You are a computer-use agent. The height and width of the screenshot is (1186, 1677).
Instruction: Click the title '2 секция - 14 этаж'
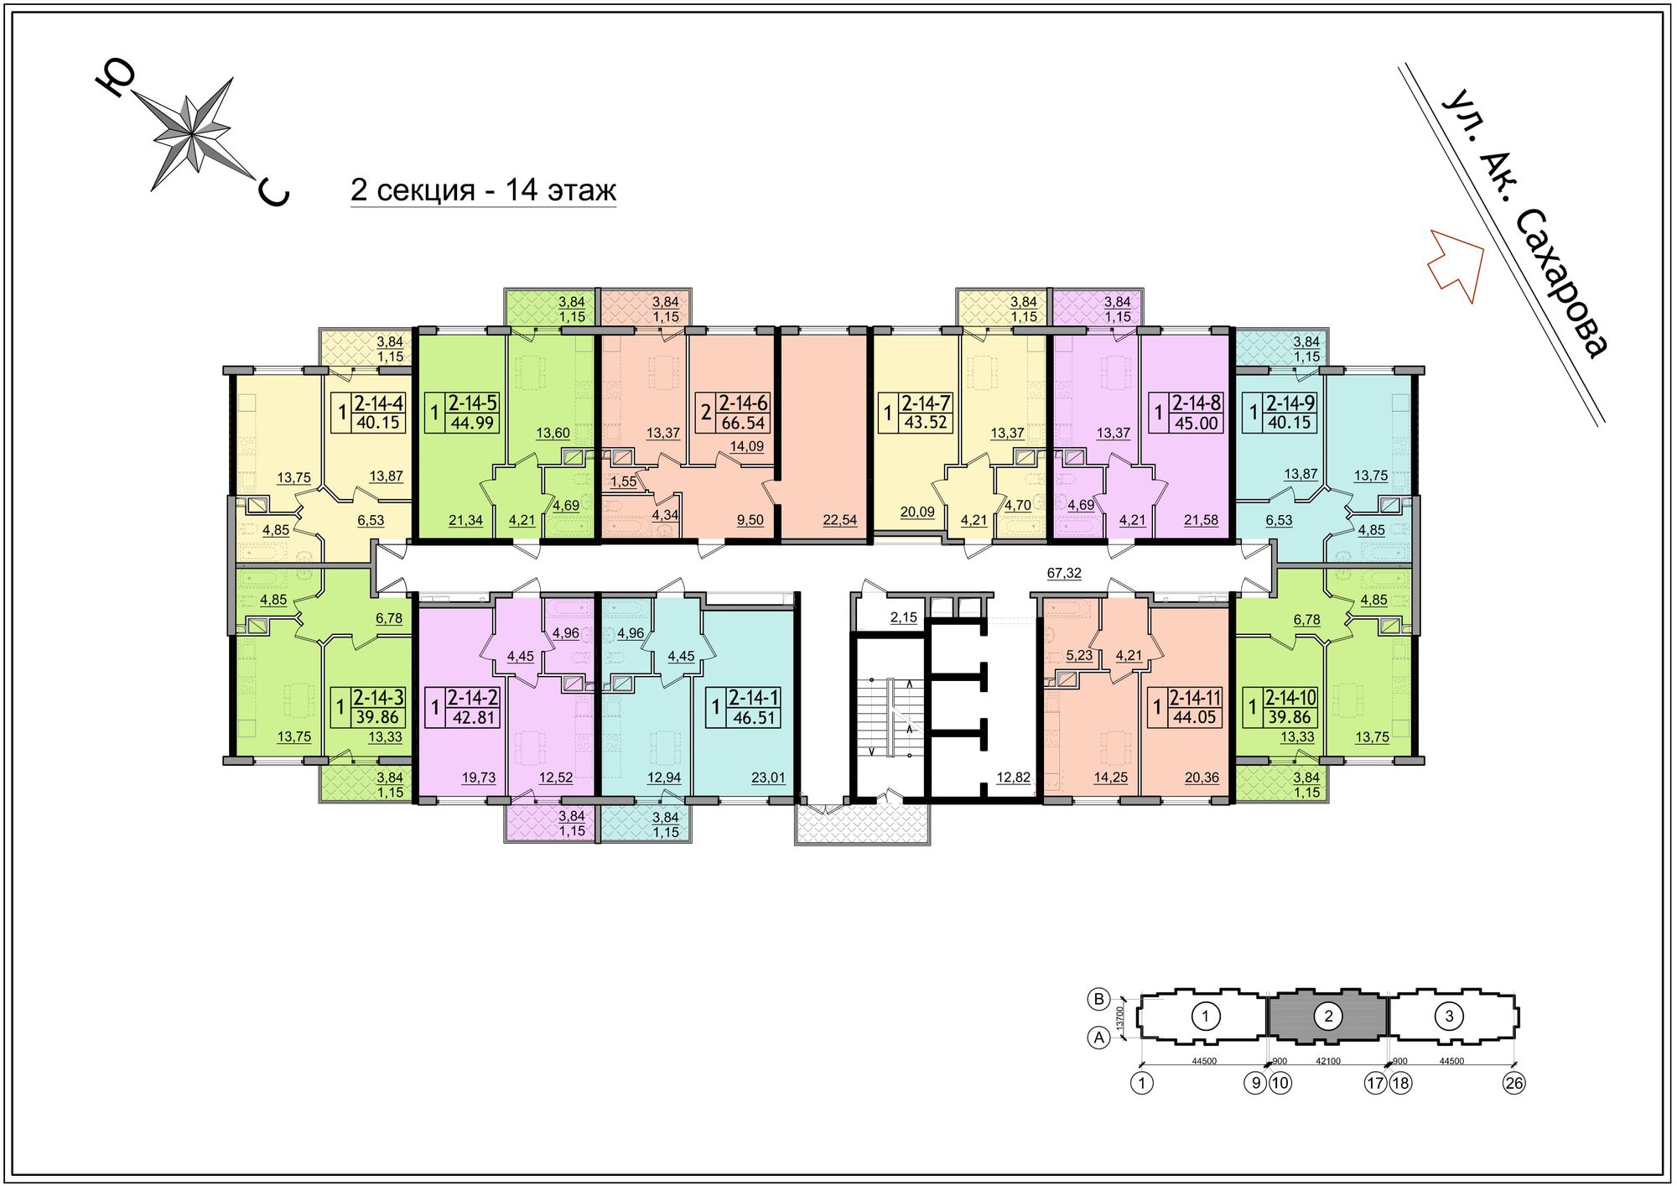coord(483,190)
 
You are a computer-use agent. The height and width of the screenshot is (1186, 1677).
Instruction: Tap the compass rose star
coord(193,134)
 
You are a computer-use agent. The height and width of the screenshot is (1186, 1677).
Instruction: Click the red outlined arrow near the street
coord(1456,263)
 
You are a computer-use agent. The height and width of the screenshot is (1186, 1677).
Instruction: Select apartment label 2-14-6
coord(743,403)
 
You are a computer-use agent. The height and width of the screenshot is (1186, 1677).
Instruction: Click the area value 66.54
coord(743,424)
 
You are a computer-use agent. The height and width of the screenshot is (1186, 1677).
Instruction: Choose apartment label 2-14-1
coord(754,697)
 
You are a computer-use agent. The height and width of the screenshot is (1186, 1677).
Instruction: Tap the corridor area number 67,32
coord(1064,573)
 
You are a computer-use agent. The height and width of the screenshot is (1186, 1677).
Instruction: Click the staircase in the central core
coord(889,717)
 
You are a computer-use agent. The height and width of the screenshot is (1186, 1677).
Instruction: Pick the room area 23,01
coord(768,778)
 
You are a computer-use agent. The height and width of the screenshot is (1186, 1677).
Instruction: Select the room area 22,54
coord(840,520)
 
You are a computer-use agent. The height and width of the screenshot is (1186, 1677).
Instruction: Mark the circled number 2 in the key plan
coord(1328,1017)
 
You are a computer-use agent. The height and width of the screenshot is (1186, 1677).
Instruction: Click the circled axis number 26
coord(1513,1083)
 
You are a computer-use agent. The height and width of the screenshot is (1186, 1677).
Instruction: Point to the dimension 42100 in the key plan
coord(1328,1061)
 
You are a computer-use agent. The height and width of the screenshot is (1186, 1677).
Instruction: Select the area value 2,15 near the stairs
coord(904,617)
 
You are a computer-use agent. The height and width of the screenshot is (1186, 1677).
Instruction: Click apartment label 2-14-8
coord(1197,403)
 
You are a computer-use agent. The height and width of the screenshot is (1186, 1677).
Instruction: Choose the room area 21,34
coord(465,520)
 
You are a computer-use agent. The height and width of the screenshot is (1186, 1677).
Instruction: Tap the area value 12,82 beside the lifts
coord(1013,778)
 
